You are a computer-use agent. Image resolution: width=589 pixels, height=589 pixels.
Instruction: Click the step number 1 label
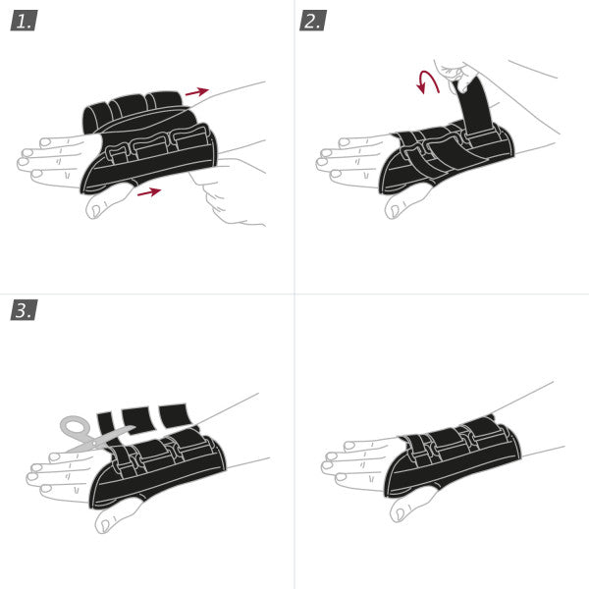[x=24, y=21]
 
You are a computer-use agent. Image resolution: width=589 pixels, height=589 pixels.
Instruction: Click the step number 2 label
[x=312, y=21]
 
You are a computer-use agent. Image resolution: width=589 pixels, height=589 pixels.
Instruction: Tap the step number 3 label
[x=24, y=310]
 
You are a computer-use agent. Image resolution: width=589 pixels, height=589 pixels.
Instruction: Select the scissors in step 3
[x=94, y=436]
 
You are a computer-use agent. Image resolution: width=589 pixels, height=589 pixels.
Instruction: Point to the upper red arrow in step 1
[x=196, y=92]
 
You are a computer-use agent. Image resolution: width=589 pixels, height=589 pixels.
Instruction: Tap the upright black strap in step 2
[x=478, y=103]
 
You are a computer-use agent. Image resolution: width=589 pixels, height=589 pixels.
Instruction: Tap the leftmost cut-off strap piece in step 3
[x=106, y=425]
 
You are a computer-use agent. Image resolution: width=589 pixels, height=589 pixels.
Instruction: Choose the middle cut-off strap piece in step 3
[x=136, y=419]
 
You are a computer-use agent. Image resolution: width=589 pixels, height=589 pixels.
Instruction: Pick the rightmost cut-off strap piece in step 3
[x=175, y=414]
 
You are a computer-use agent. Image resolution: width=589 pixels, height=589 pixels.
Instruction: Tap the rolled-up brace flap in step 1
[x=133, y=111]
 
